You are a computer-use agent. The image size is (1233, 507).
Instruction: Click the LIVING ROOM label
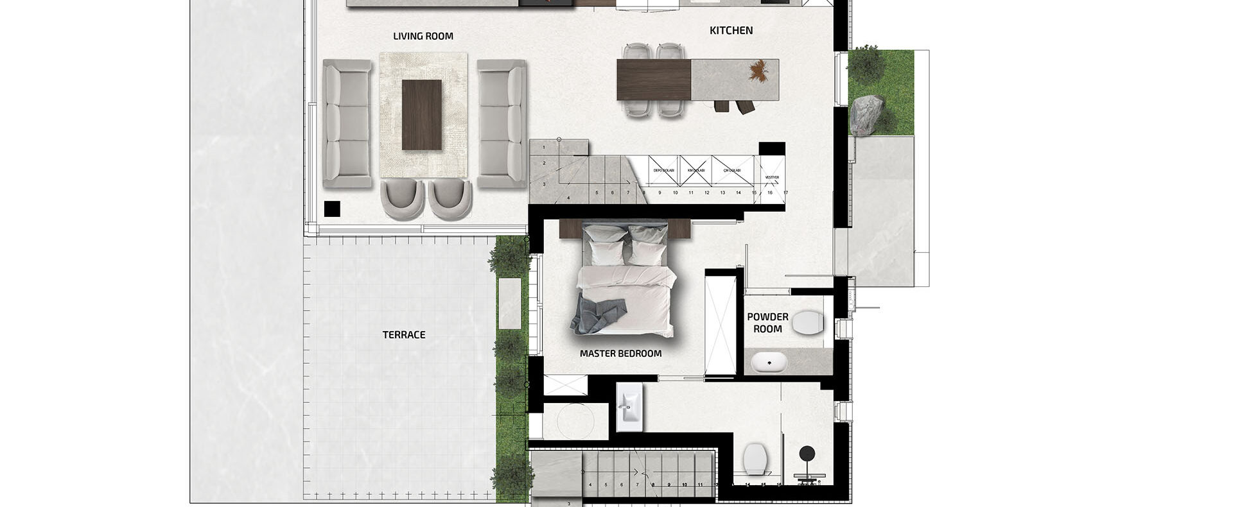click(x=423, y=37)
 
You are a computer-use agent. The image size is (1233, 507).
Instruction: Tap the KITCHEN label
click(x=731, y=30)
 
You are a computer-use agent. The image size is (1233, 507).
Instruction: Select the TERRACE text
click(x=404, y=334)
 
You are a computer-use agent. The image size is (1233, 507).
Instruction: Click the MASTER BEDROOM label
click(x=620, y=354)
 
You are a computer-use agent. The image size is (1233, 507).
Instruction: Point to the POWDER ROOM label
click(x=767, y=323)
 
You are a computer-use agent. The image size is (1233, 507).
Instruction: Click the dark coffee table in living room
click(x=422, y=115)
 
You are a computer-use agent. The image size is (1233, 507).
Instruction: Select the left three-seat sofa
click(x=347, y=124)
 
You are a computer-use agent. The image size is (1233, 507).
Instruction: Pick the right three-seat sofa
click(x=502, y=124)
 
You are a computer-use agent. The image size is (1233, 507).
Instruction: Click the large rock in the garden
click(x=866, y=116)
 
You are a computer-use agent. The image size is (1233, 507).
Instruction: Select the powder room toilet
click(x=809, y=323)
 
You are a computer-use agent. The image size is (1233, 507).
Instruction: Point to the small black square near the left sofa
click(x=332, y=209)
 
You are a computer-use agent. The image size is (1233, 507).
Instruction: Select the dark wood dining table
click(x=653, y=80)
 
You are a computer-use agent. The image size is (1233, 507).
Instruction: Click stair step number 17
click(x=785, y=193)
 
